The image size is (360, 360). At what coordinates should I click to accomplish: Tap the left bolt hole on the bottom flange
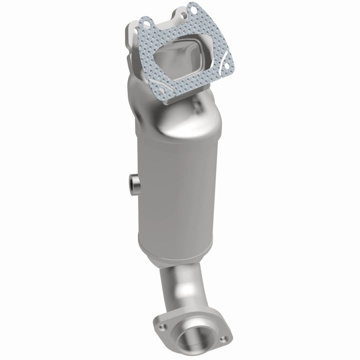click(x=162, y=327)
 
